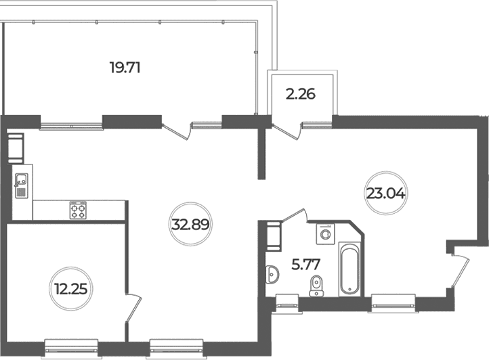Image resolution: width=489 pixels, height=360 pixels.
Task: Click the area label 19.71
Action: click(125, 67)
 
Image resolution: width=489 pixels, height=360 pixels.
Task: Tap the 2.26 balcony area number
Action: click(301, 94)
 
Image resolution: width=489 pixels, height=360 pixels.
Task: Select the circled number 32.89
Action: click(190, 224)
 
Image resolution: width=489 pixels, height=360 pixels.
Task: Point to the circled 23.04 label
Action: click(386, 194)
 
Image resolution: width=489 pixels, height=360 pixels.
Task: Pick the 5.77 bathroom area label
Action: click(305, 265)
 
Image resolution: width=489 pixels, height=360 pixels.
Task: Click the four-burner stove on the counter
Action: click(78, 210)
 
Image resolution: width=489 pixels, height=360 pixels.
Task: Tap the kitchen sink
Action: click(21, 185)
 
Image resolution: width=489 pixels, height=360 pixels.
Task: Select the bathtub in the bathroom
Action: click(349, 269)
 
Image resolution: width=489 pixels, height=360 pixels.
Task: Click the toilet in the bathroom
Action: click(316, 286)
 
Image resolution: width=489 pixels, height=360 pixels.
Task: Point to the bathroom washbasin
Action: click(272, 275)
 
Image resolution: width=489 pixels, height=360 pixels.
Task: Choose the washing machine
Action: click(325, 233)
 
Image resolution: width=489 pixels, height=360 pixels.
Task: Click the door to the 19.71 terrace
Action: click(177, 131)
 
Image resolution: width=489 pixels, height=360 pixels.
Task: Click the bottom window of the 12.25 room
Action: click(71, 348)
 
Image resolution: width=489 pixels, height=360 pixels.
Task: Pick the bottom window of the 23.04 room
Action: click(394, 303)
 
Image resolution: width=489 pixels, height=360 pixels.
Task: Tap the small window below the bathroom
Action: click(288, 303)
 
